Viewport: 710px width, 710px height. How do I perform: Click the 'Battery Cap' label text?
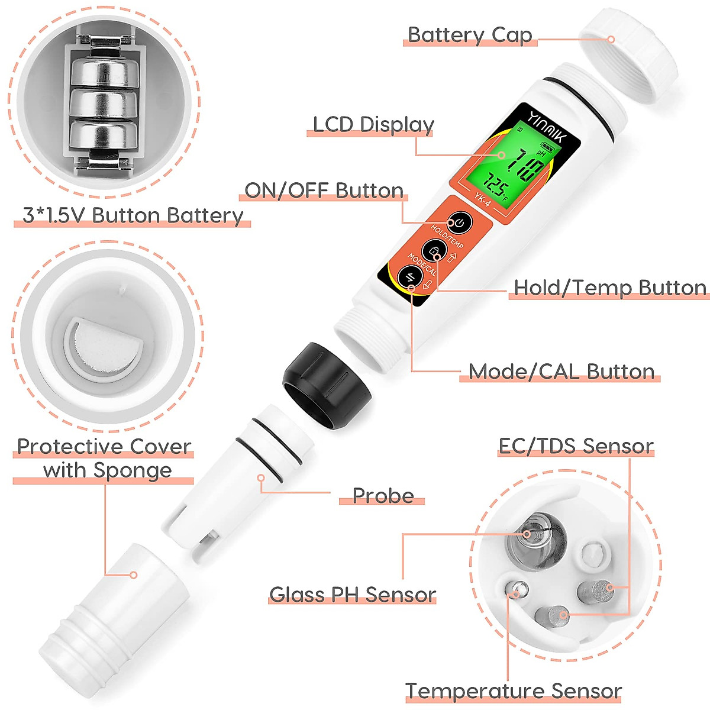470,35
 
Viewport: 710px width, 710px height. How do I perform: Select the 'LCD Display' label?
373,125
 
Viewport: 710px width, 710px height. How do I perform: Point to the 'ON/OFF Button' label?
324,191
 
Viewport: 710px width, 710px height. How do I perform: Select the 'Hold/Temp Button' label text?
609,288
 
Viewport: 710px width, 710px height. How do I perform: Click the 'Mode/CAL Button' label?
561,372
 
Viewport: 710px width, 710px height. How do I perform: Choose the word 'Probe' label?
383,495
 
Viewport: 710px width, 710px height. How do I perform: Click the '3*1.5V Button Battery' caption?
133,215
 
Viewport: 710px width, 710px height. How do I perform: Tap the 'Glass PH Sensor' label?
353,594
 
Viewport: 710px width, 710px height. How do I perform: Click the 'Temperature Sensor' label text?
513,690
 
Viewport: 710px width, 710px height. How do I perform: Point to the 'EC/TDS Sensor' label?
576,446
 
